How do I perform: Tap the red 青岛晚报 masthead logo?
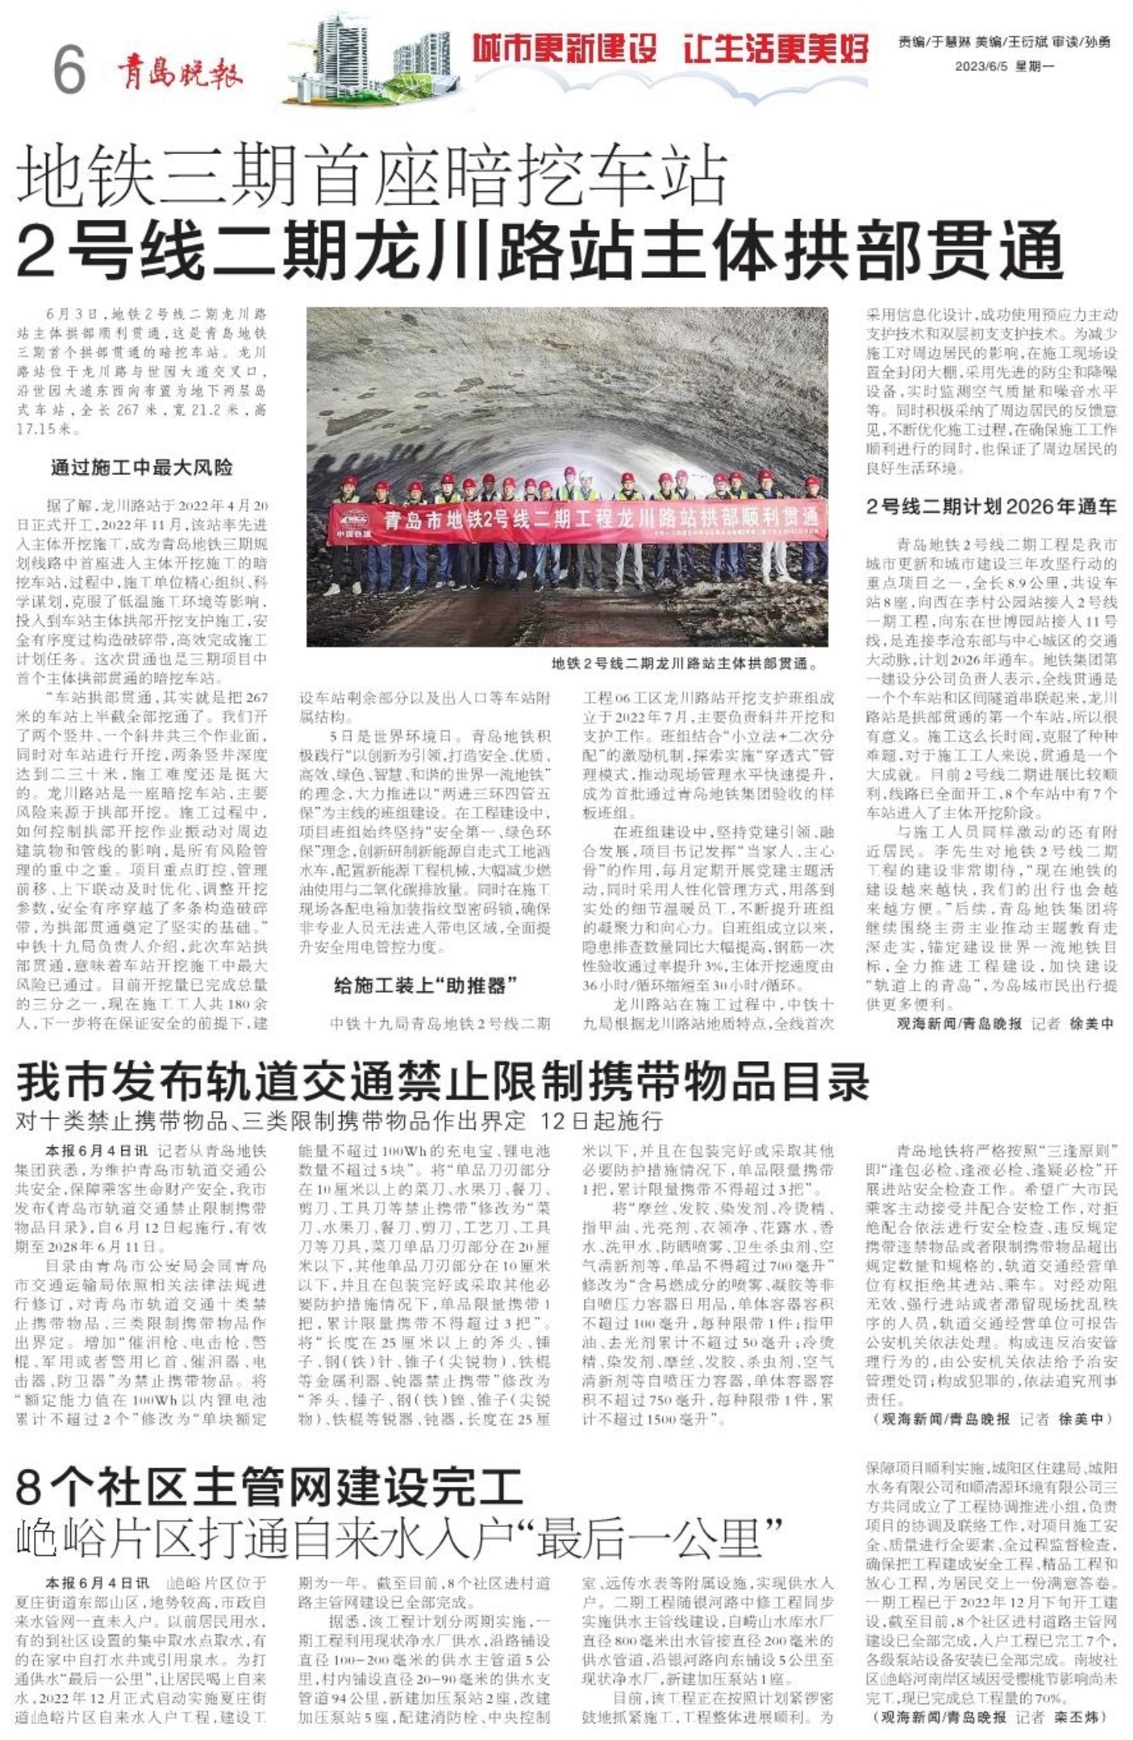tap(180, 73)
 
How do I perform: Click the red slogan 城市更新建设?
tap(565, 50)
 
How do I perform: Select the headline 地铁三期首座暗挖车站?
tap(372, 178)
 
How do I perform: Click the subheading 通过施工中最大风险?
tap(141, 467)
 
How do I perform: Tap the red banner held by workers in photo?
tap(578, 520)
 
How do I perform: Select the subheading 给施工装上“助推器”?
tap(425, 985)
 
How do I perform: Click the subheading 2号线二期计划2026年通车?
tap(991, 507)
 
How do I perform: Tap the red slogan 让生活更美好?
tap(776, 50)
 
